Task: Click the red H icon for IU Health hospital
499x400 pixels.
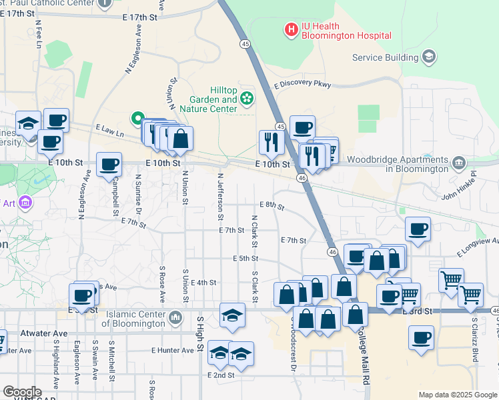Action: pos(291,29)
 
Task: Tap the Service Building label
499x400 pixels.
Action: pos(385,57)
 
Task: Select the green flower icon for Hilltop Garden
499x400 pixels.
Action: pos(247,99)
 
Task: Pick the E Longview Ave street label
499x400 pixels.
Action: pos(478,247)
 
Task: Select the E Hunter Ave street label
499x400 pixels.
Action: pos(172,349)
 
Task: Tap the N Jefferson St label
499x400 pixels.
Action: pos(219,197)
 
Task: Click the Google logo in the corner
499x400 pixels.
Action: pos(21,393)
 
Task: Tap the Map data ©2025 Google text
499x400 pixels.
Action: pos(457,395)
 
